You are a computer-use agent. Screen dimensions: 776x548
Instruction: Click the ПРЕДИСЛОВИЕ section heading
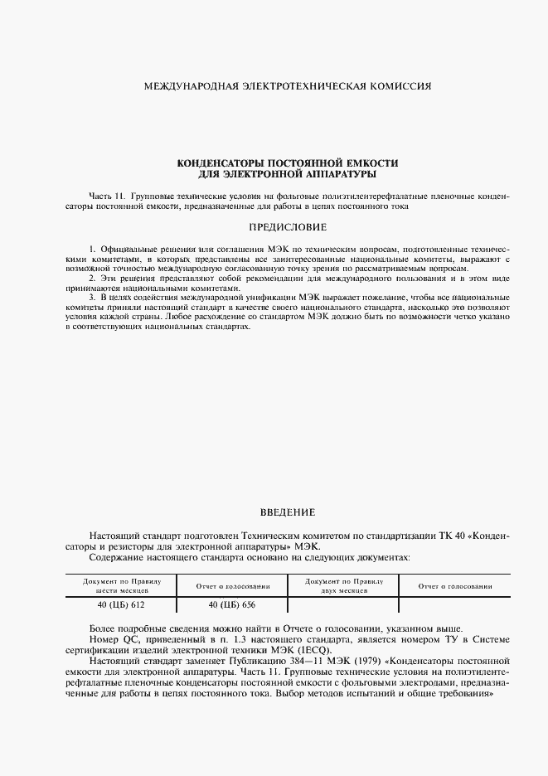click(x=288, y=227)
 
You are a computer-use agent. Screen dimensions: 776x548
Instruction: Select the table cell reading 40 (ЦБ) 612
click(x=122, y=605)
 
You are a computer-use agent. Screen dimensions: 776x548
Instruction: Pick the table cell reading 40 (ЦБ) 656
click(x=232, y=605)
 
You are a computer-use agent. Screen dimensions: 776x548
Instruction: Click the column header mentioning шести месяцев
click(x=122, y=587)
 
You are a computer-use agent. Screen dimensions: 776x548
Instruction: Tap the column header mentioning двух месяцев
click(x=342, y=587)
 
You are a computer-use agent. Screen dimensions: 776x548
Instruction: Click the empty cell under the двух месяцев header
click(x=342, y=605)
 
